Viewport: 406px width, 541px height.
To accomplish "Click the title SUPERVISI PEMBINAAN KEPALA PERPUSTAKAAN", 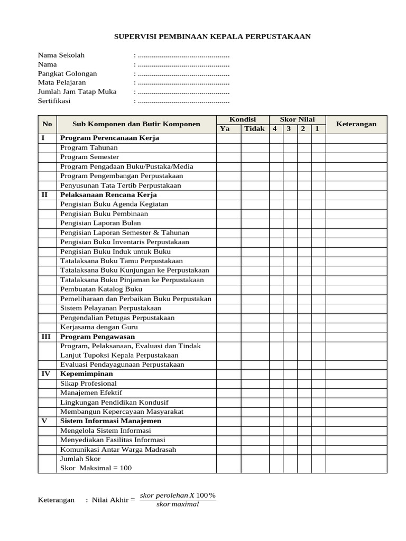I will click(213, 36).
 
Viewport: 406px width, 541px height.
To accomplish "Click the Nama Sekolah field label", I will click(61, 55).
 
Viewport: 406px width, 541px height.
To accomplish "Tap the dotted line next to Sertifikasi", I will click(183, 101).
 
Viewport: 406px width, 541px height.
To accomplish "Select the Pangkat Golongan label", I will click(67, 73).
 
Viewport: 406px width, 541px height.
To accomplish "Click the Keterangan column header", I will click(356, 124).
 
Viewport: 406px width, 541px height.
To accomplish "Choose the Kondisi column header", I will click(242, 119).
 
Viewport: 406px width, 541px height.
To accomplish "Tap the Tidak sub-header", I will click(255, 129).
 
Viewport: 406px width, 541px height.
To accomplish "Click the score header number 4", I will click(275, 129).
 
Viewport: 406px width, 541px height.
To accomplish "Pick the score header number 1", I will click(317, 129).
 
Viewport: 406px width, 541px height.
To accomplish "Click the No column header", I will click(47, 124).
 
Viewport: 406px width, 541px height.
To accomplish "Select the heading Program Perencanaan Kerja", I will click(109, 138).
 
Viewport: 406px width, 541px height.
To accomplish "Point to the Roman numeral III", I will click(47, 337).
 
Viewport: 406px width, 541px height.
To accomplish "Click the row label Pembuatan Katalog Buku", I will click(101, 289).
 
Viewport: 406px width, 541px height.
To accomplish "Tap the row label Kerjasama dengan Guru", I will click(99, 327).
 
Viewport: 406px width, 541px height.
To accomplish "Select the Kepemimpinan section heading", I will click(87, 374).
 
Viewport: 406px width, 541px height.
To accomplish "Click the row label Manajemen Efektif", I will click(91, 393).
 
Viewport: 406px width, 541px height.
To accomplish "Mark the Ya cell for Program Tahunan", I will click(228, 147).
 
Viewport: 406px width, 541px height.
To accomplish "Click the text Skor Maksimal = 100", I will click(96, 468).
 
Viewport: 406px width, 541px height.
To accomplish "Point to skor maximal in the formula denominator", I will click(178, 504).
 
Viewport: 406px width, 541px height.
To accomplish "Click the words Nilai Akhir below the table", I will click(109, 500).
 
